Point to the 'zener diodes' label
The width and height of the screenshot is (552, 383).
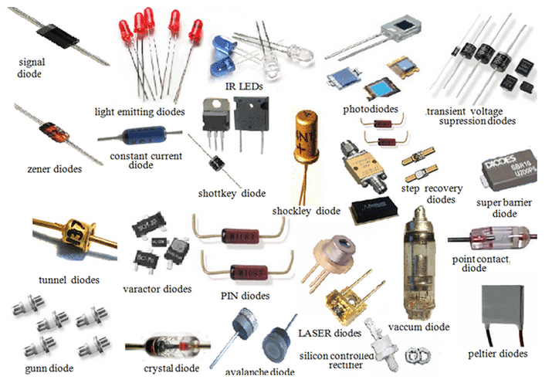click(x=44, y=168)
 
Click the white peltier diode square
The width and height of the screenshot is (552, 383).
click(x=506, y=307)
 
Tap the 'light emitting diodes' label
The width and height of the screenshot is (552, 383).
click(x=140, y=111)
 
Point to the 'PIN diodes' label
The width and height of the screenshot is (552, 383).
click(x=240, y=295)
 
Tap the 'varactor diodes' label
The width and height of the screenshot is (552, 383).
click(x=157, y=289)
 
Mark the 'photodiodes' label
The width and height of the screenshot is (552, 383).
click(x=371, y=110)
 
